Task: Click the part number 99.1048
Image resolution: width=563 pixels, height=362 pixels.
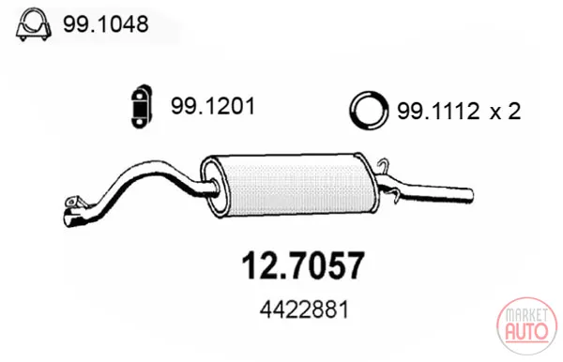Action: click(x=105, y=24)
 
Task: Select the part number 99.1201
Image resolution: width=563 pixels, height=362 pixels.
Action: click(x=213, y=106)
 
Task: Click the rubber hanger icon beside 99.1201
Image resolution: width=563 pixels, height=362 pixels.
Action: click(x=141, y=106)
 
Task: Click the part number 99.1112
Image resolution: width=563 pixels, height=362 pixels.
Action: click(x=438, y=111)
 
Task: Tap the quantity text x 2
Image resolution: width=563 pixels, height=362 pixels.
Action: click(x=506, y=111)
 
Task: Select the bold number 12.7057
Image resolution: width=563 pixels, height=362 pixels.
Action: click(x=303, y=265)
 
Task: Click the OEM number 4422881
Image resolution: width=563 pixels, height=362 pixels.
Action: click(x=304, y=309)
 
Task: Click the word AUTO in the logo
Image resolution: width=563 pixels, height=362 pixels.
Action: click(x=526, y=331)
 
